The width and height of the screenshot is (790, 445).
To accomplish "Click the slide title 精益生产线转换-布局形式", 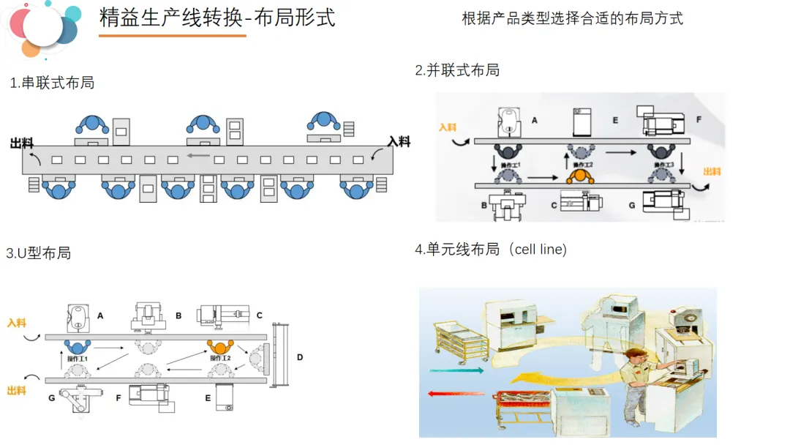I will (x=217, y=18).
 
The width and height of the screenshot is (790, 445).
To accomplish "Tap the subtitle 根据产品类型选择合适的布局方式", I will (x=572, y=18).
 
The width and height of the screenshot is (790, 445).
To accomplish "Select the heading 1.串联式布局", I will (x=52, y=83).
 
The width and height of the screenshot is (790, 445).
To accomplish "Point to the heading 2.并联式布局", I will (x=457, y=70).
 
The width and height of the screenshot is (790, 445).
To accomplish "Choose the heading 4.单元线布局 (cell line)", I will (x=491, y=250).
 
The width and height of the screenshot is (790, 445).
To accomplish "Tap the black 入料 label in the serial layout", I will (x=399, y=141).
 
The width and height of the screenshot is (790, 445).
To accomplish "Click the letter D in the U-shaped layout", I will (x=300, y=357).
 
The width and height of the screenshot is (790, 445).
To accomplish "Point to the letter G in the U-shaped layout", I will (x=52, y=397).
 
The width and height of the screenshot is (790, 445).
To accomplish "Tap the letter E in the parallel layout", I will (x=615, y=120).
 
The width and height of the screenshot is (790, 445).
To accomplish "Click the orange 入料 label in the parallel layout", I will (x=448, y=127).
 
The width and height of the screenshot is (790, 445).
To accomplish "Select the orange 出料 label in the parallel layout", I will (x=711, y=171).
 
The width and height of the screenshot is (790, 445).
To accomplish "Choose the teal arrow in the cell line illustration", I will (x=456, y=371).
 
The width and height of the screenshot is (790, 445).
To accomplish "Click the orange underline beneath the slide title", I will (x=172, y=35).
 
